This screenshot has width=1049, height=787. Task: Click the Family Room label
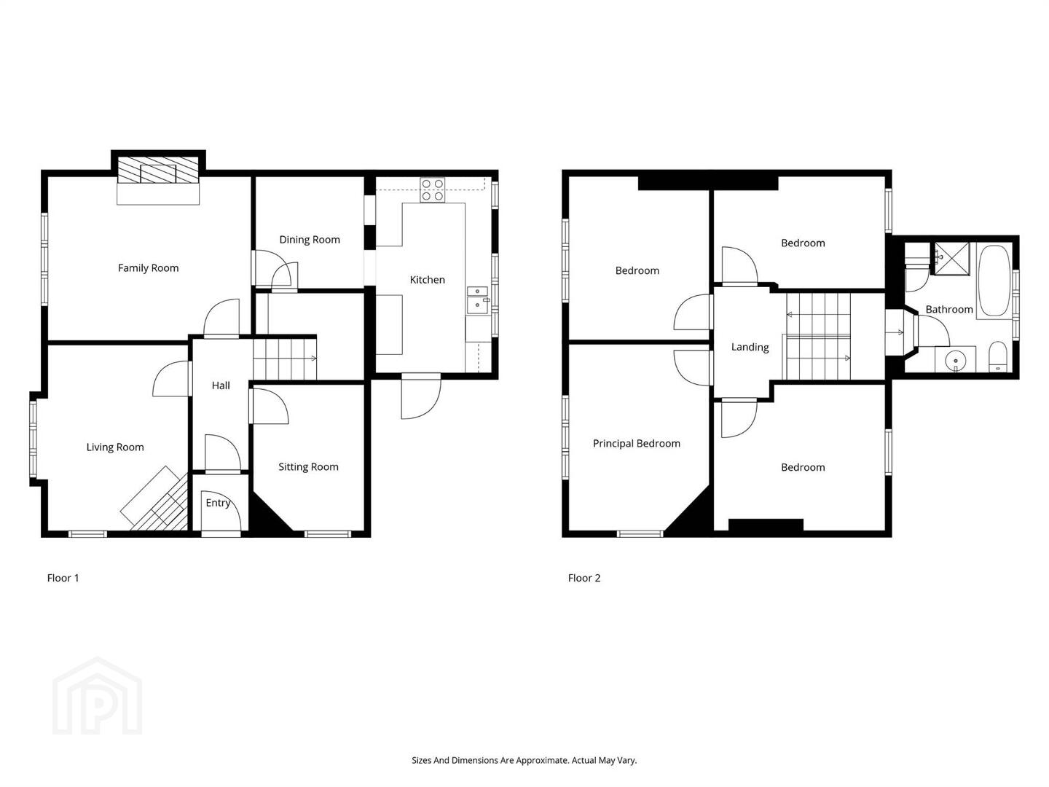click(148, 268)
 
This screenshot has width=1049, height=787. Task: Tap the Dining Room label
click(309, 240)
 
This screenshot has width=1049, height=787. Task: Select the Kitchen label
click(427, 280)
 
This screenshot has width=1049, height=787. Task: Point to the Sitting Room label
click(308, 467)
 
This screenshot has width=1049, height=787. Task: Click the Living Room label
click(114, 447)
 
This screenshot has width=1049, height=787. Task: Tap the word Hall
click(221, 385)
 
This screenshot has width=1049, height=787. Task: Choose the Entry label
click(218, 503)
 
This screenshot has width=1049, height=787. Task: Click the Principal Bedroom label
click(636, 444)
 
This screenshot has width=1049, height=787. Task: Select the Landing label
click(750, 348)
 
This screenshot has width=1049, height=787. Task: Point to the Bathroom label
click(949, 310)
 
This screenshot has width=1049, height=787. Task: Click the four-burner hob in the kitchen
click(433, 189)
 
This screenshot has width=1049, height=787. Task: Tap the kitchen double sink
click(477, 300)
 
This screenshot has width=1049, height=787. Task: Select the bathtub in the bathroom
click(994, 281)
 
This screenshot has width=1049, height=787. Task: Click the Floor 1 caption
click(63, 578)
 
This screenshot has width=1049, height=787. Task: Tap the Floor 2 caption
click(584, 578)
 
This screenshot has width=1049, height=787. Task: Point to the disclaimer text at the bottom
click(524, 760)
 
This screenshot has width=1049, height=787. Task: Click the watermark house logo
click(97, 696)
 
